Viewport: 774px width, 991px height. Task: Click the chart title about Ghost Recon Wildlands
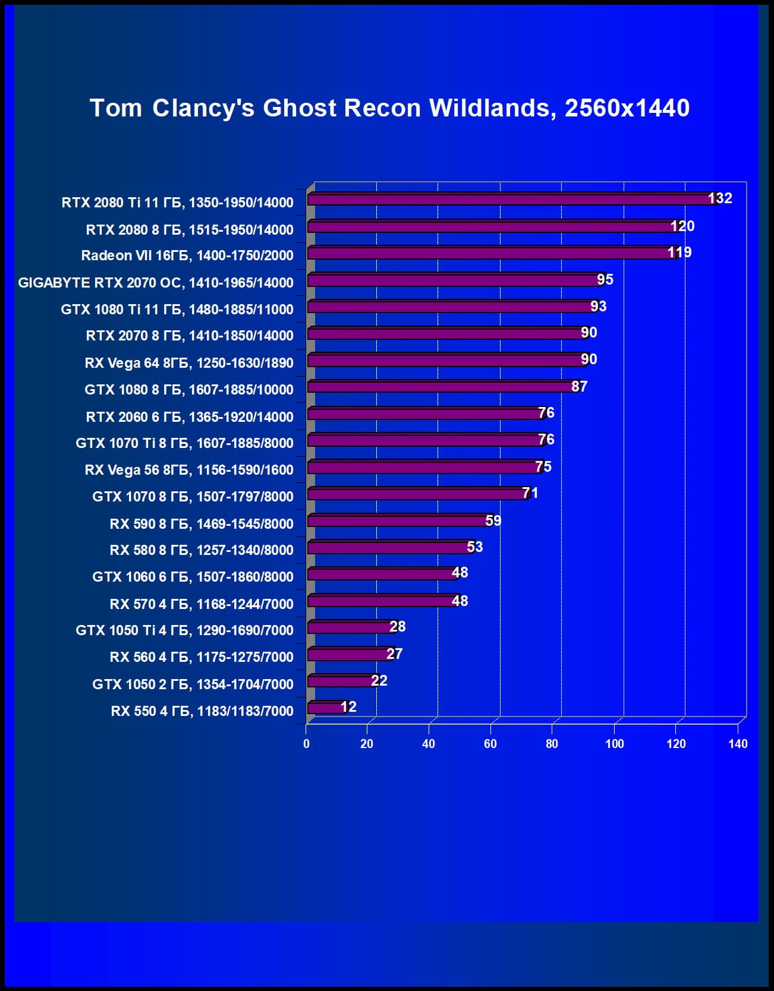click(x=389, y=108)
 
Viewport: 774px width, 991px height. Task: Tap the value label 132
click(x=720, y=198)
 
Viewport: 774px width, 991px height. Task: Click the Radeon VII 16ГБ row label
click(x=187, y=255)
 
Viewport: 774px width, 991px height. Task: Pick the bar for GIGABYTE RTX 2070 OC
click(x=455, y=280)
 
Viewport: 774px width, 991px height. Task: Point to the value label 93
click(x=598, y=306)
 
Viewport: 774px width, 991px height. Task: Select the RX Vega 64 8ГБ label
click(x=188, y=363)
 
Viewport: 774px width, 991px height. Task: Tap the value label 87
click(x=579, y=386)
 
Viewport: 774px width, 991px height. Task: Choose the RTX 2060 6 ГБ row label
click(x=189, y=417)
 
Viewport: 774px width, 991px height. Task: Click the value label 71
click(x=530, y=493)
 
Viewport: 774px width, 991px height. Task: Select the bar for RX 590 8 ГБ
click(x=399, y=521)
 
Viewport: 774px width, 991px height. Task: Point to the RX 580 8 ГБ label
click(x=201, y=550)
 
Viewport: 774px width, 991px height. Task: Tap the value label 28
click(x=397, y=626)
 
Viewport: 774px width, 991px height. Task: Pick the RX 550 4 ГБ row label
click(x=202, y=711)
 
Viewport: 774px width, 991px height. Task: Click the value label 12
click(x=348, y=706)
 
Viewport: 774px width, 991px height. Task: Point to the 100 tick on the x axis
click(x=614, y=744)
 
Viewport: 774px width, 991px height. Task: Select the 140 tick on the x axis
click(x=737, y=744)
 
